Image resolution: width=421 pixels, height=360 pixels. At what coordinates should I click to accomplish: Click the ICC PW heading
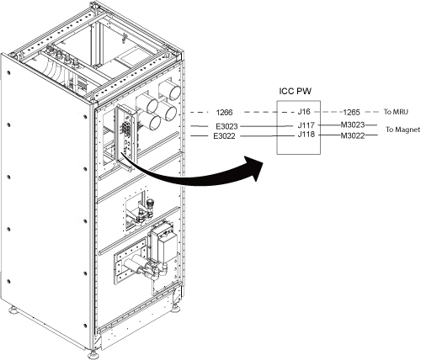(x=295, y=91)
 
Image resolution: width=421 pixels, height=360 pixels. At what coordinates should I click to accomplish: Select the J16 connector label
(x=304, y=112)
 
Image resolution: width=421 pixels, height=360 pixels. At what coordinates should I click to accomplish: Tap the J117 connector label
(x=306, y=124)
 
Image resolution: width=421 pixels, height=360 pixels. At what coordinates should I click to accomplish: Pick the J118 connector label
(x=306, y=135)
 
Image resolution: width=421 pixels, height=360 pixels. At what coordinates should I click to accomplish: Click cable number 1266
(x=224, y=113)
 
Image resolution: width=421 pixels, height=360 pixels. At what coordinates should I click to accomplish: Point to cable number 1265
(x=352, y=113)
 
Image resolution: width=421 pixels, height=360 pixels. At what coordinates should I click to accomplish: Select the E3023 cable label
(x=226, y=126)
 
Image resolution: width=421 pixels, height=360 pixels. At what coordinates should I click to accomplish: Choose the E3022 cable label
(x=224, y=136)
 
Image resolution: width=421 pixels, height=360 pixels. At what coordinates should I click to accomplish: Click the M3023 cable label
(x=353, y=124)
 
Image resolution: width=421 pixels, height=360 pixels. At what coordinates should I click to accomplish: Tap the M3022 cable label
(x=353, y=135)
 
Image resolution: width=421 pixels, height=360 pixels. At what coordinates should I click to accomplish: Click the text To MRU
(x=396, y=112)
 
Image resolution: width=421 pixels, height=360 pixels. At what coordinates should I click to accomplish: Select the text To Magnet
(x=403, y=130)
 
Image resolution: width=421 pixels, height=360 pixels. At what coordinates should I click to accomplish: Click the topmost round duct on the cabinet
(x=170, y=91)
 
